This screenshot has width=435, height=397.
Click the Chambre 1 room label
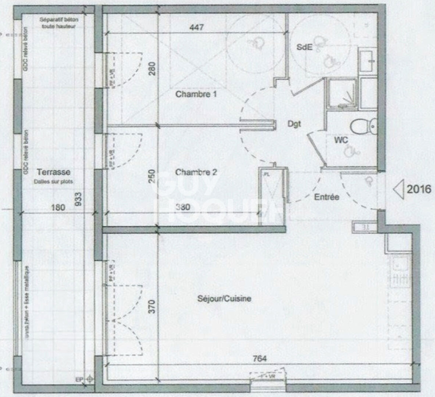coord(196,94)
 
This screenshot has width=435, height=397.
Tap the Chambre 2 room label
coord(196,172)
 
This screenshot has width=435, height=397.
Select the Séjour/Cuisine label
coord(224,298)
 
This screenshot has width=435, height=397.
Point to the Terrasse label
coord(54,172)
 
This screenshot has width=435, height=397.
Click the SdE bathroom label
coord(304,47)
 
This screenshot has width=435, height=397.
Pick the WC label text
coord(341,140)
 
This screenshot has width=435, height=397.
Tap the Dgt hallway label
coord(294,124)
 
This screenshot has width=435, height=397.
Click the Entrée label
coord(327,197)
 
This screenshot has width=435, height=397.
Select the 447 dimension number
coord(196,27)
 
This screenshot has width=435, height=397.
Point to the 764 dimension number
coord(260,358)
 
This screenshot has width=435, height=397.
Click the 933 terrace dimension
coord(78,199)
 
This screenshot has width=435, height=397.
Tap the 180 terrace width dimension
coord(58,207)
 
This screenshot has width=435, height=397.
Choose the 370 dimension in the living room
coord(152,306)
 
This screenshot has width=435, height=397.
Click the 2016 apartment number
coord(419,189)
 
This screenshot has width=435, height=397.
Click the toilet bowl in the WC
coord(360,127)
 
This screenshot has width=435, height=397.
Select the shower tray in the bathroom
coord(342,93)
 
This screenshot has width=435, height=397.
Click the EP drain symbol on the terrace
coord(90,379)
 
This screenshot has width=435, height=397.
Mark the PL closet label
coord(267,175)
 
